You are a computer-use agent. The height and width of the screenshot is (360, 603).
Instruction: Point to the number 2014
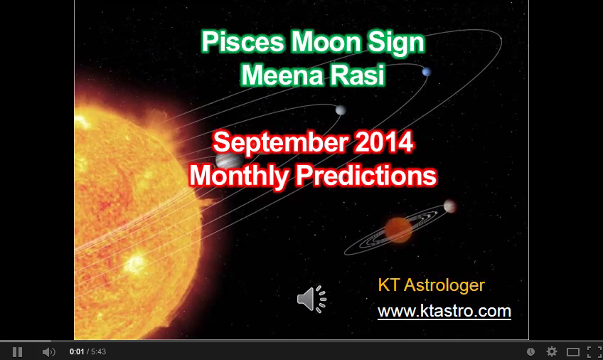click(x=383, y=143)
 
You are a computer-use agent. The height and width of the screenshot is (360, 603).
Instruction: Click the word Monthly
click(x=238, y=175)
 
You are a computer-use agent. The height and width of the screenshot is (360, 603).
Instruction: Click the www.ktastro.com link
click(x=444, y=311)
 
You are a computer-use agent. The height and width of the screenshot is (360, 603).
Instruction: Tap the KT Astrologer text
click(x=431, y=286)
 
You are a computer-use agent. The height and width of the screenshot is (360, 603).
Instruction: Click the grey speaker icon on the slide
click(x=311, y=300)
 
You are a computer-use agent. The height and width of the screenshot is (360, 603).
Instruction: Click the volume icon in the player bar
click(x=48, y=351)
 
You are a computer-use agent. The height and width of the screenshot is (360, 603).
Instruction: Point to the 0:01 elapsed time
click(x=77, y=351)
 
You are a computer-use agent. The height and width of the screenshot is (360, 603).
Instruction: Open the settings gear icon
click(x=552, y=351)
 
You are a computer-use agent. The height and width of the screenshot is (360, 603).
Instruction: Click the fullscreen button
click(x=594, y=351)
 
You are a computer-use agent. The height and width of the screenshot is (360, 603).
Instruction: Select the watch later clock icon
click(x=531, y=351)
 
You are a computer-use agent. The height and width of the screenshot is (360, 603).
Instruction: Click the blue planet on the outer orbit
click(x=426, y=72)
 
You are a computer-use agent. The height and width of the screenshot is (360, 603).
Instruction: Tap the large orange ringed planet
click(x=399, y=229)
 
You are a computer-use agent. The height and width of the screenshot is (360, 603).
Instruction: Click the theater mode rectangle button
click(x=573, y=351)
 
